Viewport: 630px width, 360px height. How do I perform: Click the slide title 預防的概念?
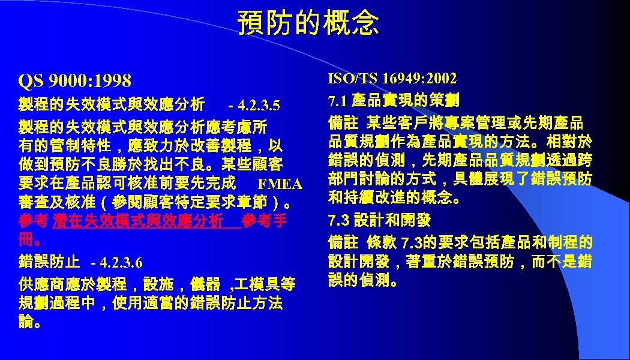pos(308,23)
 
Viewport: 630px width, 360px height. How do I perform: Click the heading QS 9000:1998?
pos(75,80)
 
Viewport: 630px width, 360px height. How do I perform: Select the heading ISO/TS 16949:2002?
pos(392,79)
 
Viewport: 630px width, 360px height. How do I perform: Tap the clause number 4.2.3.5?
pos(258,106)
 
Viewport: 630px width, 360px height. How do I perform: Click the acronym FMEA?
pos(279,183)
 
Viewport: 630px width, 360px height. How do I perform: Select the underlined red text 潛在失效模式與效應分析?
pos(137,220)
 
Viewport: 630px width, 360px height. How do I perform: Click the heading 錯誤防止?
pos(49,262)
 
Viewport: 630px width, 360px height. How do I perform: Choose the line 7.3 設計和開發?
pos(379,220)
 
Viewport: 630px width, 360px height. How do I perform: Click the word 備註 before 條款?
pos(343,242)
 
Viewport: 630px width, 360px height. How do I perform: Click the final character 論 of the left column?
pos(26,322)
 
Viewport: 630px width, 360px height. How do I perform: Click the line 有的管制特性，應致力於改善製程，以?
pos(150,146)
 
